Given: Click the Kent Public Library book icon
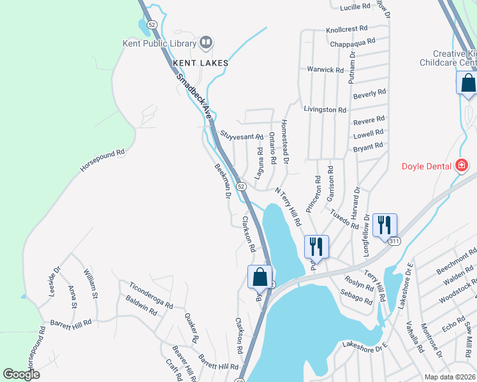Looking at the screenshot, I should click(x=205, y=43).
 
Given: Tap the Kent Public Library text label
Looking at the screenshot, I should click(x=159, y=44).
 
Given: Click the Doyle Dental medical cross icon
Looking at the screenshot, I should click(x=462, y=166).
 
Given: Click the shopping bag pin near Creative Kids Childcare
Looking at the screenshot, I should click(x=467, y=84).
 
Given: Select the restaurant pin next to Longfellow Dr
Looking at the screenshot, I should click(x=385, y=225).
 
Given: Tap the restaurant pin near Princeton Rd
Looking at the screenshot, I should click(x=316, y=245).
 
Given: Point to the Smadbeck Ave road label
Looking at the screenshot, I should click(x=194, y=97).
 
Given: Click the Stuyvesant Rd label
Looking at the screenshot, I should click(x=242, y=136).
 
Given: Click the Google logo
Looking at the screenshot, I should click(x=22, y=374).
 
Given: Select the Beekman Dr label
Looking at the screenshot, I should click(x=222, y=181).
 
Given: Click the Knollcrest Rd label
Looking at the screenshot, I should click(x=347, y=29).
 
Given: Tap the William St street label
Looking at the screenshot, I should click(x=90, y=284).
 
